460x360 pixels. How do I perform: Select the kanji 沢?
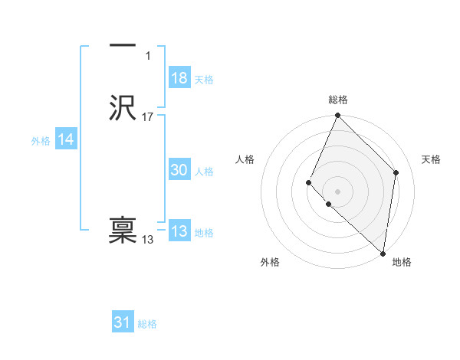pos(123,109)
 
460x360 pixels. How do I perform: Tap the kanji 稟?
pos(123,231)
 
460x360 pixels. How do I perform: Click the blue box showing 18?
pos(179,78)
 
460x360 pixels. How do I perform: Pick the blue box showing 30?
pos(179,171)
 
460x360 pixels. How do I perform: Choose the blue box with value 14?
pos(66,139)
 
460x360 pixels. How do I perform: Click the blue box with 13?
pos(179,231)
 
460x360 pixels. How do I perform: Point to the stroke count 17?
pos(148,117)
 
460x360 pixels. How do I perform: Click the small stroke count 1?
pos(148,56)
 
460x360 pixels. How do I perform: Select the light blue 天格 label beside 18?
pos(204,80)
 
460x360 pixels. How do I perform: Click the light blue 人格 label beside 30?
pos(204,172)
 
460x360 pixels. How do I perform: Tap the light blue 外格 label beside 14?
pos(41,141)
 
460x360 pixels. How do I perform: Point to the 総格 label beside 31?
pos(147,324)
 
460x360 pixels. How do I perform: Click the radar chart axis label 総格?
pos(338,100)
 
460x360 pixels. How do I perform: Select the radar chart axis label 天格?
pos(431,159)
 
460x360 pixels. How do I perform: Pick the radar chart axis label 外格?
pos(270,262)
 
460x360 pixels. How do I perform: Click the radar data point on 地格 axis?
pos(383,253)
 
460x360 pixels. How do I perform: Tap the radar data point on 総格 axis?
pos(338,116)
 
